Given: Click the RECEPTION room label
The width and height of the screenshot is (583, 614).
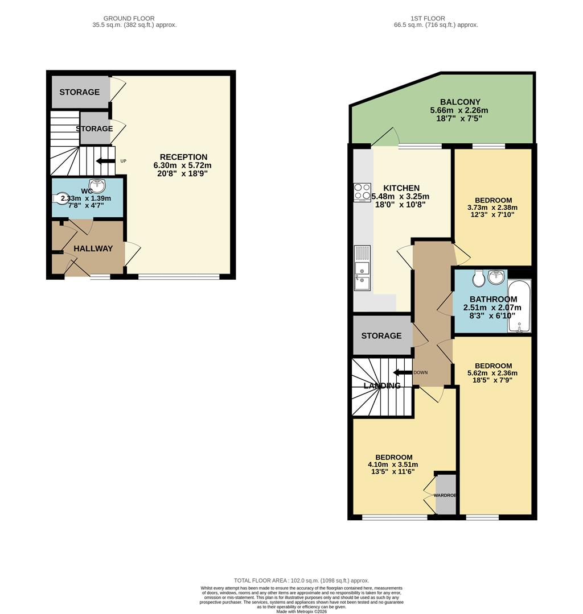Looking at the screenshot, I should (x=183, y=157).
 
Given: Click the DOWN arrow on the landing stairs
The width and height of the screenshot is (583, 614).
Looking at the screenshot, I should (x=403, y=373).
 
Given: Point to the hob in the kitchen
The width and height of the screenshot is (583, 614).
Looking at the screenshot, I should (x=362, y=192).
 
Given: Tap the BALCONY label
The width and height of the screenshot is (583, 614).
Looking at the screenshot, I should (x=459, y=102).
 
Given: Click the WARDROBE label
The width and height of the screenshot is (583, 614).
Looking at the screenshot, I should (x=446, y=495).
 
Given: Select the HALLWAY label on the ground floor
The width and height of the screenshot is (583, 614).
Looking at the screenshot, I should (x=93, y=248).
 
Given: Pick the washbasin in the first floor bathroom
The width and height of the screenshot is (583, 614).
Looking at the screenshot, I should (x=496, y=278).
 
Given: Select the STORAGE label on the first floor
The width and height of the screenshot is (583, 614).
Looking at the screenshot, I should (x=381, y=336).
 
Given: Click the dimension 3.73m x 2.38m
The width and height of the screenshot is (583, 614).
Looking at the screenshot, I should (x=493, y=208).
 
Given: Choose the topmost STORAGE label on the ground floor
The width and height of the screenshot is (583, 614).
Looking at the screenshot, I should (x=80, y=92).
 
